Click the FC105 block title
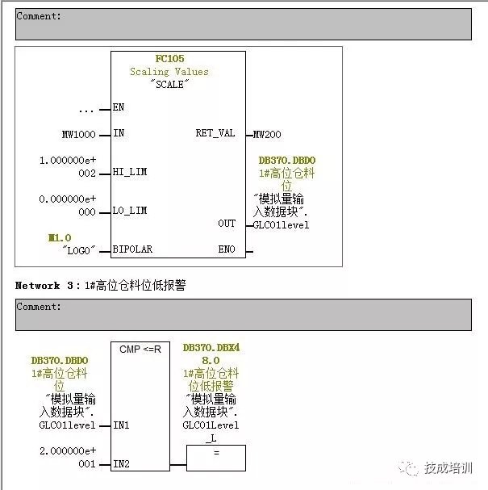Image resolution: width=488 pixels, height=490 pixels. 169,59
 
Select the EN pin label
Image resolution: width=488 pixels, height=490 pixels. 119,107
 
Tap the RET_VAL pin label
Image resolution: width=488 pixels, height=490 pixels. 215,133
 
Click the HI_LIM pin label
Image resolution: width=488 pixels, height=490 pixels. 129,172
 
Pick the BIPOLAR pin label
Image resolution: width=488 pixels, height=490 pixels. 132,249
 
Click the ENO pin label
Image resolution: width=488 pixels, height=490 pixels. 227,249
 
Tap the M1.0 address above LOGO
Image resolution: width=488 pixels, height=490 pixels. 60,237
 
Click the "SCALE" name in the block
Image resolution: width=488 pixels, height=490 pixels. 169,84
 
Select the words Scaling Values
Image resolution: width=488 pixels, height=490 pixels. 169,72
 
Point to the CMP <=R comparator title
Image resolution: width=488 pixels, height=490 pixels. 140,349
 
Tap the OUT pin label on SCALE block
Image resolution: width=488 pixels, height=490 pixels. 227,224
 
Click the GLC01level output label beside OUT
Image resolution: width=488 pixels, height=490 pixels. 281,224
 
